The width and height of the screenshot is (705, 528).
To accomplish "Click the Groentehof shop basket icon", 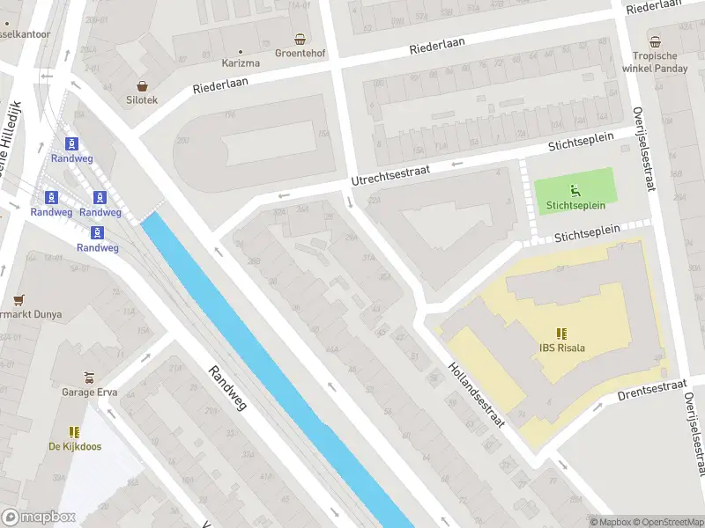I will [x=301, y=39].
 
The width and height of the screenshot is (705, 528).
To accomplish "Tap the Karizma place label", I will [x=241, y=63].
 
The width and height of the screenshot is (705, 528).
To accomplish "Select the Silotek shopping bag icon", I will [x=142, y=86].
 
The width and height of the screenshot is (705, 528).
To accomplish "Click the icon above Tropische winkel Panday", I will [x=655, y=41].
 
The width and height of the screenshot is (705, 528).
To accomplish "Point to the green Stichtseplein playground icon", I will [x=575, y=188].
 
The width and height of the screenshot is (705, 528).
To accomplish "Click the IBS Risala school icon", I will [x=562, y=334].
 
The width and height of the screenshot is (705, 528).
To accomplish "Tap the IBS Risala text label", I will [x=562, y=348].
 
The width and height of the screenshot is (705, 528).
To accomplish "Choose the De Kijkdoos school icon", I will [x=75, y=432].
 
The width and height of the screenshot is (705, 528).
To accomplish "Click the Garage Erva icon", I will [x=88, y=377].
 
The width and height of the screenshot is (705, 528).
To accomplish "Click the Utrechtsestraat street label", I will [x=390, y=173].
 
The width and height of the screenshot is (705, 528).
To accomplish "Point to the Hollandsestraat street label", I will [x=476, y=395].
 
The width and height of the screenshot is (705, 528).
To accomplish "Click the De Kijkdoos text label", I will [x=75, y=446].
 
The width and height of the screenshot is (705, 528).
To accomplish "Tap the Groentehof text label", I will [x=301, y=53].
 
